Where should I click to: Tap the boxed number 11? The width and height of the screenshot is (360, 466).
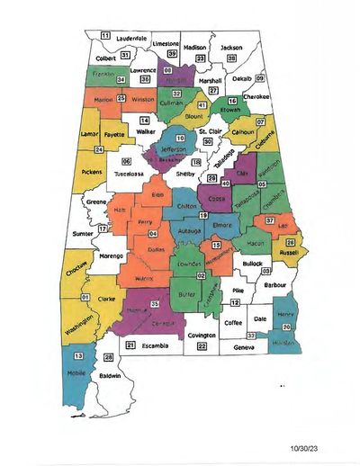pos(104,36)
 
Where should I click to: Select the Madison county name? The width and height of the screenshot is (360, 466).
pos(194,46)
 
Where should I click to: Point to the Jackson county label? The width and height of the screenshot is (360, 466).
pos(231,46)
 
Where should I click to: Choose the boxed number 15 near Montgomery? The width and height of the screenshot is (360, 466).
pos(216,245)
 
